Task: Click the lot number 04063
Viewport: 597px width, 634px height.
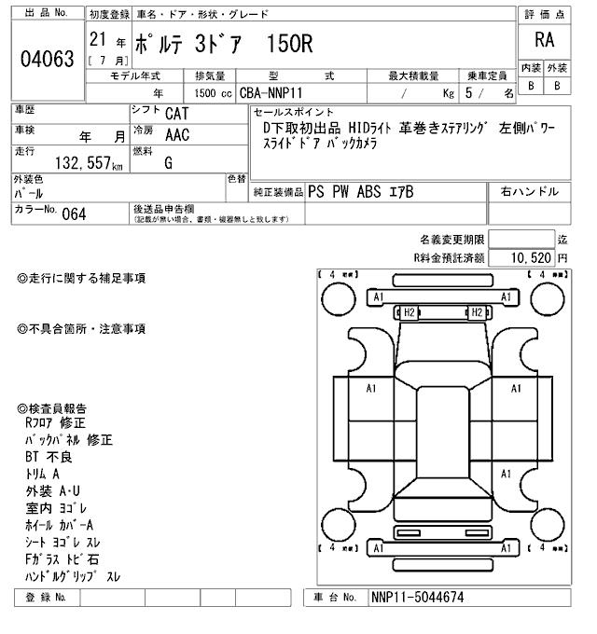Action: tap(47, 60)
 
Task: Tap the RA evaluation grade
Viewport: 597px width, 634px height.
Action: tap(544, 41)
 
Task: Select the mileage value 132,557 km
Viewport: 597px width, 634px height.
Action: tap(76, 164)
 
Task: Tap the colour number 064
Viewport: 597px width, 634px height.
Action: tap(74, 213)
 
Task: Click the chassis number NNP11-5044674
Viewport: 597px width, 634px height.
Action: tap(417, 598)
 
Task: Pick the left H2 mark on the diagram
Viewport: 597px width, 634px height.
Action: tap(409, 312)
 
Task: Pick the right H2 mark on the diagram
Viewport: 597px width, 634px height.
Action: tap(476, 312)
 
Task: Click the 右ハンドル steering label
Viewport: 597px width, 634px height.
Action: tap(529, 192)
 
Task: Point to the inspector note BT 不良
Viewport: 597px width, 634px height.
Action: tap(49, 457)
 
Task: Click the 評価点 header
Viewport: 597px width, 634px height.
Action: tap(544, 13)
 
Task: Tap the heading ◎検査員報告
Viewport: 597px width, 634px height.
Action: tap(57, 407)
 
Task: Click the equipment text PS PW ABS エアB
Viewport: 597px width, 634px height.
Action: tap(360, 192)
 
